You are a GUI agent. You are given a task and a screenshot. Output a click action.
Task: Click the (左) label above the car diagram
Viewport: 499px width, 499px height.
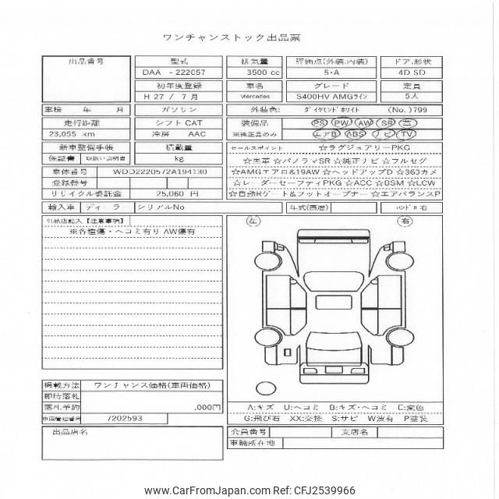[253, 221]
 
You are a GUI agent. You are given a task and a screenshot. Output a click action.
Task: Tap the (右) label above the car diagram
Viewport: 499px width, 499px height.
[406, 221]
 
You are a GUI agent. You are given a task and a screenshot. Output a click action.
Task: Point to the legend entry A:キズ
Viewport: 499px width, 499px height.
[260, 407]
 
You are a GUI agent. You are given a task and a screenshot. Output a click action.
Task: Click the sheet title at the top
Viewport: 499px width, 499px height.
[249, 37]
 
